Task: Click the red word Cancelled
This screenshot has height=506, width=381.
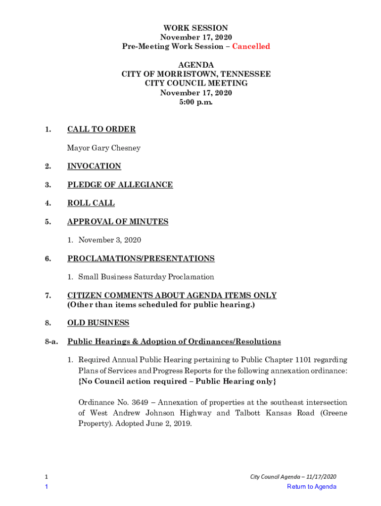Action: point(251,46)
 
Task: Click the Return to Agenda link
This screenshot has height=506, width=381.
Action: point(311,487)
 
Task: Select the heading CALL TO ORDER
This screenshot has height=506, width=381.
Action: point(101,129)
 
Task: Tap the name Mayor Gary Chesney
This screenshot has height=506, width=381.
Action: point(104,148)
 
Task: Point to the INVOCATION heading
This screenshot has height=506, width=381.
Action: point(94,167)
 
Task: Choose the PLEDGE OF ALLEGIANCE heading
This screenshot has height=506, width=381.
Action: point(120,185)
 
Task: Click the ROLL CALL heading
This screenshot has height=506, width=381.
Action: point(91,203)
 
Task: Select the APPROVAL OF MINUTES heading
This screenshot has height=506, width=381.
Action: point(118,222)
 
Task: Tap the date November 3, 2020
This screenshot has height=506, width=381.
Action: point(109,240)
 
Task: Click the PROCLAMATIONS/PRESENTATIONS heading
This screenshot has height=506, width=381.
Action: point(141,258)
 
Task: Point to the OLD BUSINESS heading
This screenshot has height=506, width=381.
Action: point(98,323)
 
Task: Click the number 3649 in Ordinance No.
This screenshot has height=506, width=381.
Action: point(137,403)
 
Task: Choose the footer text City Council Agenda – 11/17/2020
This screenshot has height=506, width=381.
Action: point(293,476)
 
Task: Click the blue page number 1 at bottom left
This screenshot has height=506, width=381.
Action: point(46,487)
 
